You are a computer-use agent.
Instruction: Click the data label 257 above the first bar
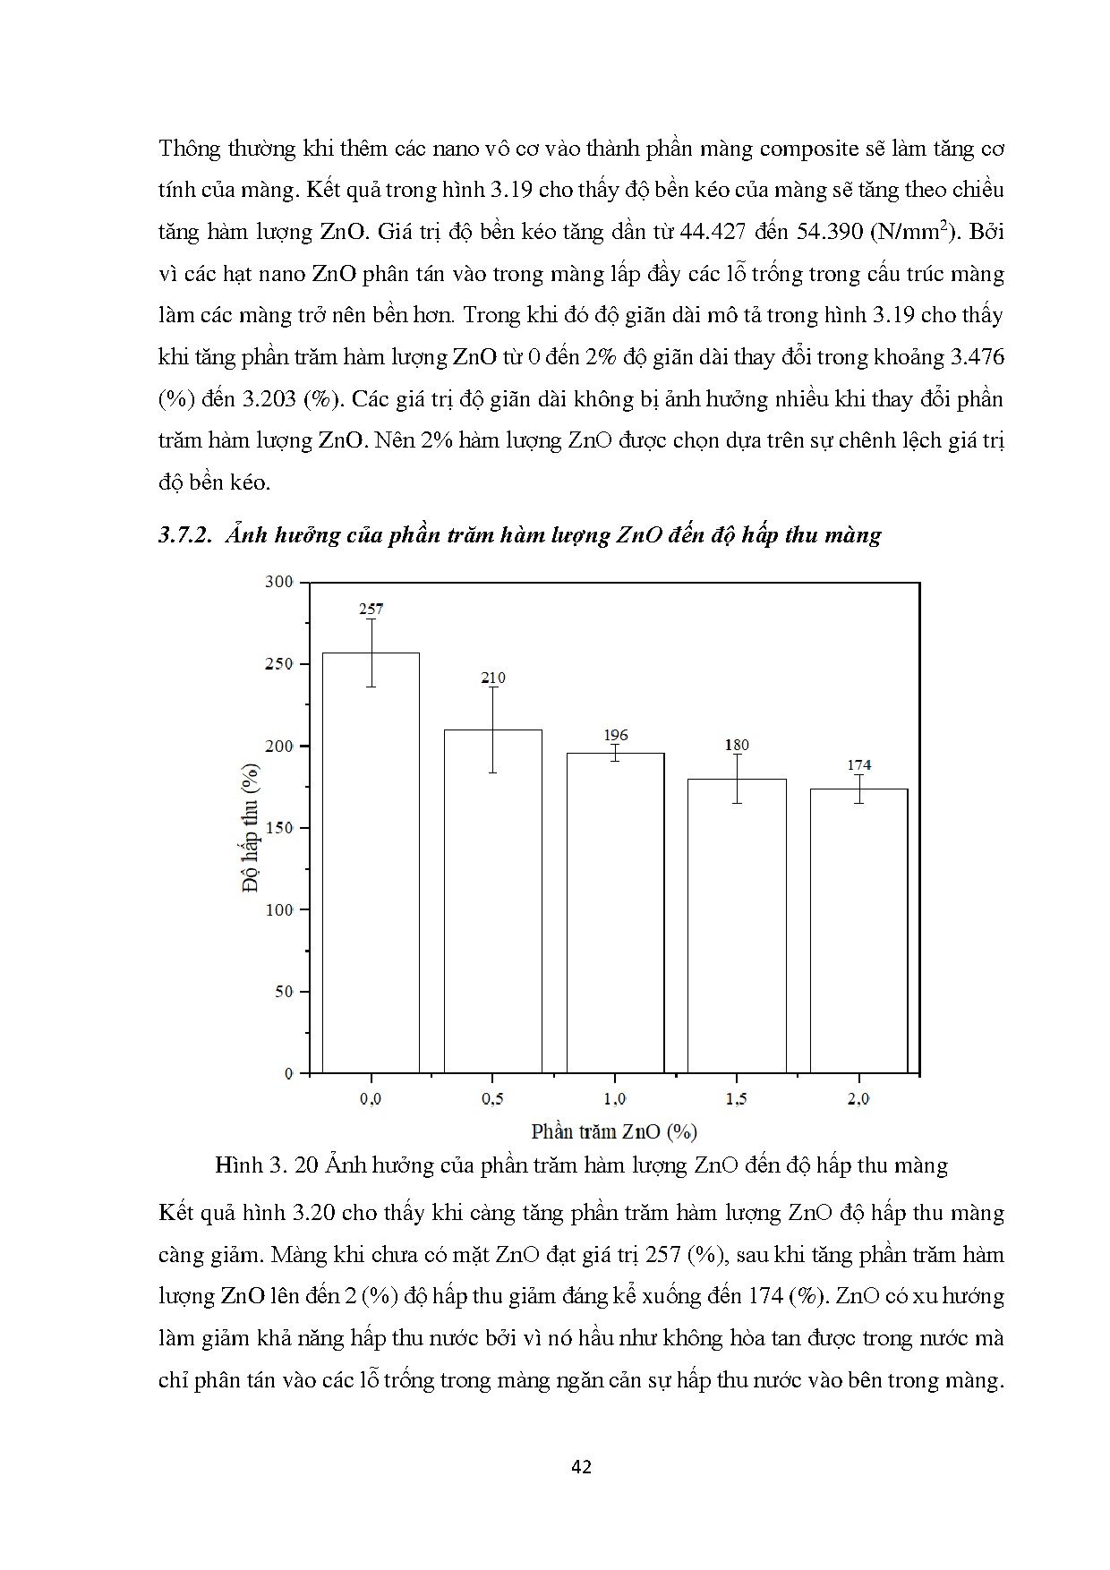[371, 609]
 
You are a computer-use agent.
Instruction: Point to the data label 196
[616, 735]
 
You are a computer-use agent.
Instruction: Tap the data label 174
[858, 764]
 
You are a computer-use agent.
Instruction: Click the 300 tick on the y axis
[279, 582]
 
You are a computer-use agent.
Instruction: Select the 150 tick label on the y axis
[279, 828]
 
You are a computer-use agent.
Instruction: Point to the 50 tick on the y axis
[283, 992]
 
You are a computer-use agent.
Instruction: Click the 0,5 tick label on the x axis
[492, 1099]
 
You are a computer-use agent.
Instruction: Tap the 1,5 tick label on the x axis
[737, 1099]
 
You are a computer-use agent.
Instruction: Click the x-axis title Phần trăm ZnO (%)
[614, 1131]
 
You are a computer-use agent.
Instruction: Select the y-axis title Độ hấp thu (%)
[251, 828]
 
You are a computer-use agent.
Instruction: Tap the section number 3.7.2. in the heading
[184, 535]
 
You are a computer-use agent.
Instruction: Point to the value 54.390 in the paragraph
[827, 232]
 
